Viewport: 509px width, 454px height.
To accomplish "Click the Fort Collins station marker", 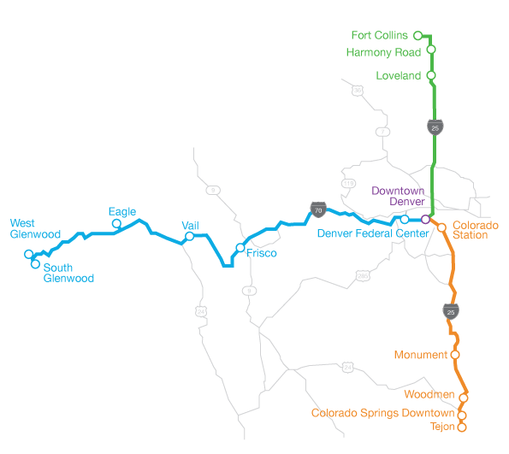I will [x=417, y=36].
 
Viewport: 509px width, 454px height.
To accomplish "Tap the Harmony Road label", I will [x=384, y=52].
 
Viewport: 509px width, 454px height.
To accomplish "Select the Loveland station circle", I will [x=431, y=75].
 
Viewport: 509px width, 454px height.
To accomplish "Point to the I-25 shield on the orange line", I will [x=450, y=311].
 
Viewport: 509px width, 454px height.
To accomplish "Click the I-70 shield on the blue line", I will [x=317, y=208].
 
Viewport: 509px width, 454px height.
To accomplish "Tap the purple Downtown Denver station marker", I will [x=425, y=220].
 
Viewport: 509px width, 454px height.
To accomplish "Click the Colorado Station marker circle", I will [x=441, y=227].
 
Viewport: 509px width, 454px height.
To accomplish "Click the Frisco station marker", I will [x=240, y=248].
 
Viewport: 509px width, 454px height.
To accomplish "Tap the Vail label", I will [x=191, y=225].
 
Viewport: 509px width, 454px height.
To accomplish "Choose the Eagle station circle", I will [x=116, y=224].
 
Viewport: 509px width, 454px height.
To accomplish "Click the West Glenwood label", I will [x=35, y=228].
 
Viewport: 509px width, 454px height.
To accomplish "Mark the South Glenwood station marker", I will [x=35, y=263].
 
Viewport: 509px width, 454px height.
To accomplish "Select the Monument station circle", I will [x=454, y=354].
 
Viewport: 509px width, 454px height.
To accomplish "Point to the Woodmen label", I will [x=430, y=393].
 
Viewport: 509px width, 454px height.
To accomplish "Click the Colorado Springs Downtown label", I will [x=382, y=413].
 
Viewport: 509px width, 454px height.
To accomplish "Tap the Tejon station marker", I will [x=462, y=426].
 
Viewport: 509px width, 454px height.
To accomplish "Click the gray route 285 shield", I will [x=363, y=275].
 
